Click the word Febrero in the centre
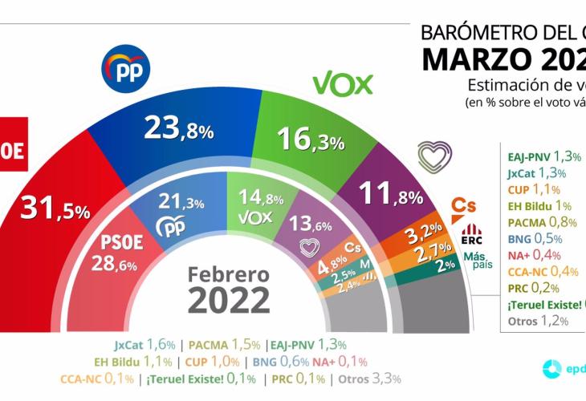[229, 274]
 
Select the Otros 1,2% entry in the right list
[538, 321]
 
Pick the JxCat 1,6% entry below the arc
[144, 346]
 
